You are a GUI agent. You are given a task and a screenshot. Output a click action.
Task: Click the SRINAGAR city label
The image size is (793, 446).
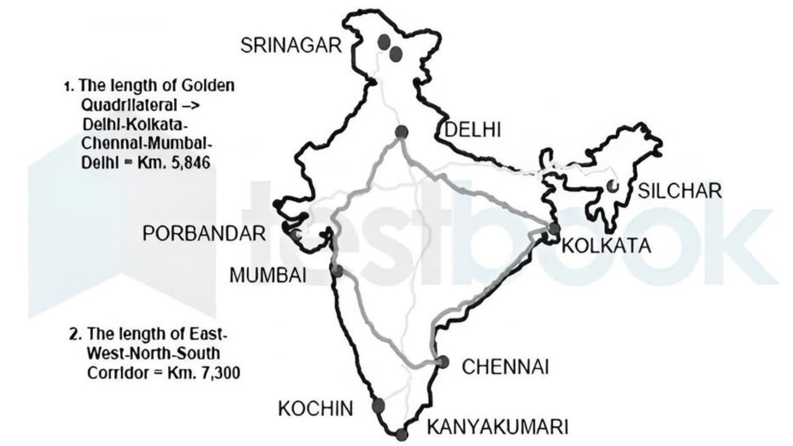point(291,46)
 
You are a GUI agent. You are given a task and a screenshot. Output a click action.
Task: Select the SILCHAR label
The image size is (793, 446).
point(679,191)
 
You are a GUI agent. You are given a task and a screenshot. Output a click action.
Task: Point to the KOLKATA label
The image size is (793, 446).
point(606,246)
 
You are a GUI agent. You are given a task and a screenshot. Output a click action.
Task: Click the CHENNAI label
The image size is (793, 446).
point(505,367)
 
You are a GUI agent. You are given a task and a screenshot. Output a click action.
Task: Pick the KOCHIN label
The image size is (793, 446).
point(316,409)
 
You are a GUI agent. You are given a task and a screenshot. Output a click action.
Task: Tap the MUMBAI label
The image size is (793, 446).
point(268,276)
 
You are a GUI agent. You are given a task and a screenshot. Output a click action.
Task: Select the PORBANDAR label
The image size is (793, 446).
point(204,233)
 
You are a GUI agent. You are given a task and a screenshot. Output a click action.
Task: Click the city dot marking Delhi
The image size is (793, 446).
point(401,132)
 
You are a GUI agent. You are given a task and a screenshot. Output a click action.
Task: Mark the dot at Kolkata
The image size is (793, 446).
point(554,228)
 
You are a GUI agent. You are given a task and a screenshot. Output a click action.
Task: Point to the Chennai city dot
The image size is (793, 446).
point(443,362)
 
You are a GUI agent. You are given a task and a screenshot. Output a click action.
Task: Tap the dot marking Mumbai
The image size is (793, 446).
point(337,271)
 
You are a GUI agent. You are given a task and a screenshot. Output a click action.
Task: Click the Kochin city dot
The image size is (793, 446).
point(378,405)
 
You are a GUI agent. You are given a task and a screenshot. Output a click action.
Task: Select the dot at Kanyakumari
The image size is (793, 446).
point(402,435)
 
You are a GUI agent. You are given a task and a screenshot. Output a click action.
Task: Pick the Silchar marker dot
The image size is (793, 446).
point(613,187)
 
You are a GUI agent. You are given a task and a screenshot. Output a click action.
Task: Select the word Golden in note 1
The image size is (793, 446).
point(208,85)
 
